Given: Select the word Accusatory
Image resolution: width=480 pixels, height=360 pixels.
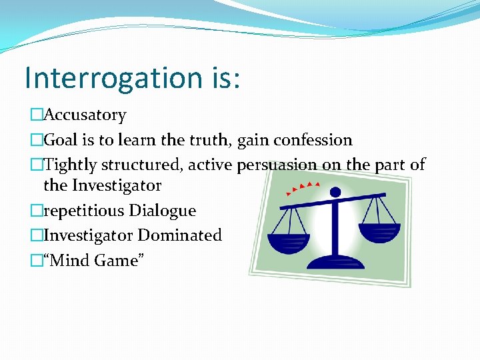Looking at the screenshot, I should (85, 115).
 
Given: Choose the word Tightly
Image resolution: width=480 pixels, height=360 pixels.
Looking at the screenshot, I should (70, 165).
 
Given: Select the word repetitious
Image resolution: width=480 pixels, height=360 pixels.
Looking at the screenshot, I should (83, 211).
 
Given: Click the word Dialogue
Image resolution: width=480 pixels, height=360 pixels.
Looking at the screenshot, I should (163, 211).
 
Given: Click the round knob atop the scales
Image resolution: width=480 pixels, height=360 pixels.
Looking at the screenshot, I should (335, 193).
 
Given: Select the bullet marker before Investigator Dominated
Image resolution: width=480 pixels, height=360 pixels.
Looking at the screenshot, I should (36, 236).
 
